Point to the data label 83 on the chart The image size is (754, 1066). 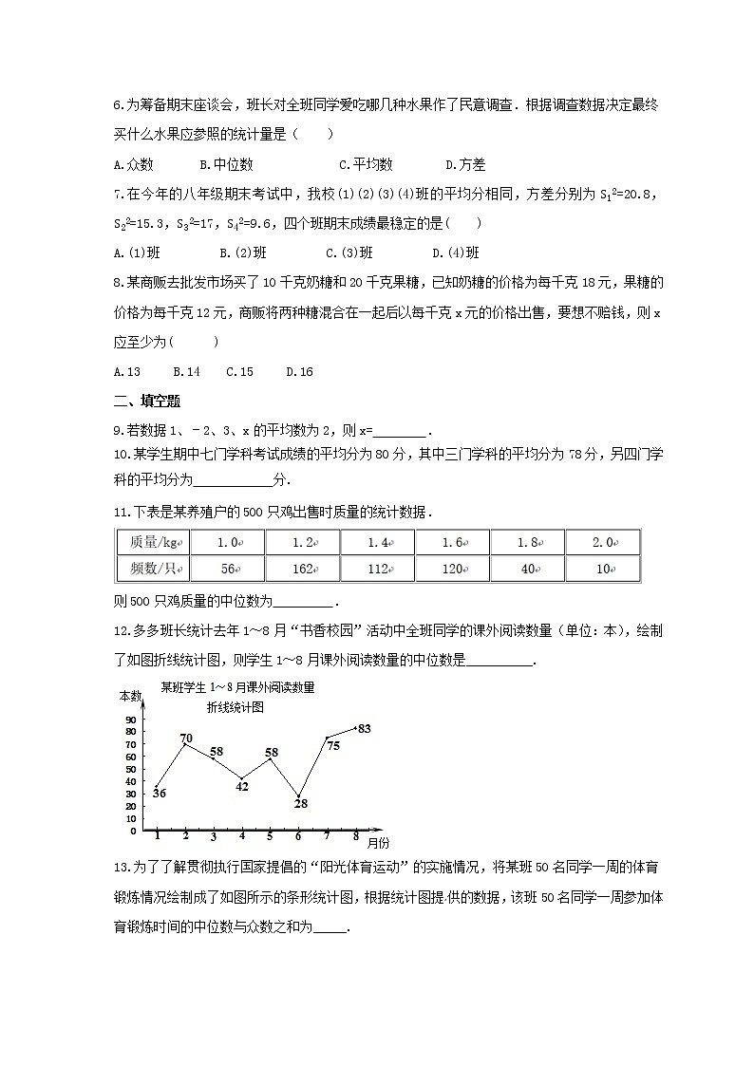point(364,729)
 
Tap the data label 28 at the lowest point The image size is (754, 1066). point(301,804)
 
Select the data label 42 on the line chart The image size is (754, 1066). point(242,786)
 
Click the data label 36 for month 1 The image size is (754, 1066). point(159,794)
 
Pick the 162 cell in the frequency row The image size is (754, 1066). point(302,569)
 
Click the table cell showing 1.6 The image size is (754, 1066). point(452,543)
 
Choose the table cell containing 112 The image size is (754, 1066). point(377,569)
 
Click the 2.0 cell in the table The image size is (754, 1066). point(602,543)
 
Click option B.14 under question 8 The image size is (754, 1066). point(186,372)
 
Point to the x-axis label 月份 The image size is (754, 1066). point(377,842)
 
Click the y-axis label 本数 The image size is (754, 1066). point(129,696)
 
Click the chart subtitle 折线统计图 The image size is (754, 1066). point(236,707)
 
